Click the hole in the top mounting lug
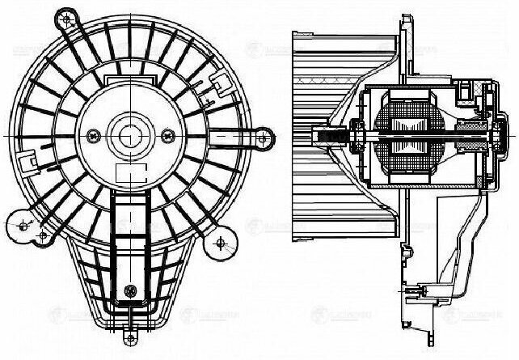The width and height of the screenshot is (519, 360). (x=65, y=16)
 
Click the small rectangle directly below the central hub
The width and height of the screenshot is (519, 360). (x=127, y=172)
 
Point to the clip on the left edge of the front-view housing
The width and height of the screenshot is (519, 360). (x=28, y=164)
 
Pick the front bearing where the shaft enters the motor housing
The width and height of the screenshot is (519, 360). (x=357, y=142)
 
